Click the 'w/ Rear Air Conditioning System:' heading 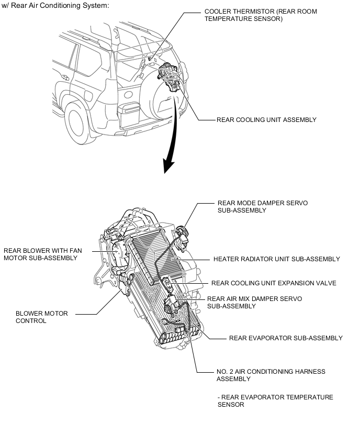[x=55, y=5]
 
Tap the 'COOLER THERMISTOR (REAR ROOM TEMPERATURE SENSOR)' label [x=261, y=15]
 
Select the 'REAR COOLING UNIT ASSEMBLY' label [x=266, y=120]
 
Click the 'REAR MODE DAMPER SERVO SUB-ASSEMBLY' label [x=263, y=207]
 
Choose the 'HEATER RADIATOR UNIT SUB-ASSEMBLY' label [x=277, y=259]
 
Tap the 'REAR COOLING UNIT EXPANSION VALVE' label [x=274, y=283]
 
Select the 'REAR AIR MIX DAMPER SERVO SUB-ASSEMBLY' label [x=254, y=303]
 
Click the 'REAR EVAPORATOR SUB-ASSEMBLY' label [x=286, y=338]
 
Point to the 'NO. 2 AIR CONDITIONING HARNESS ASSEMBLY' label [x=271, y=375]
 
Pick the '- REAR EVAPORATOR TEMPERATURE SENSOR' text [x=275, y=401]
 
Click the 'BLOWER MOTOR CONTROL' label [x=42, y=317]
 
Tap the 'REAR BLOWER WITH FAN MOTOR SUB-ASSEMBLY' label [x=43, y=254]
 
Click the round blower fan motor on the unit [x=119, y=254]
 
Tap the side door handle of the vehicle [x=65, y=77]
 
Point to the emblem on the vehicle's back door [x=128, y=95]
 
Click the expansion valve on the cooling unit [x=168, y=284]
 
